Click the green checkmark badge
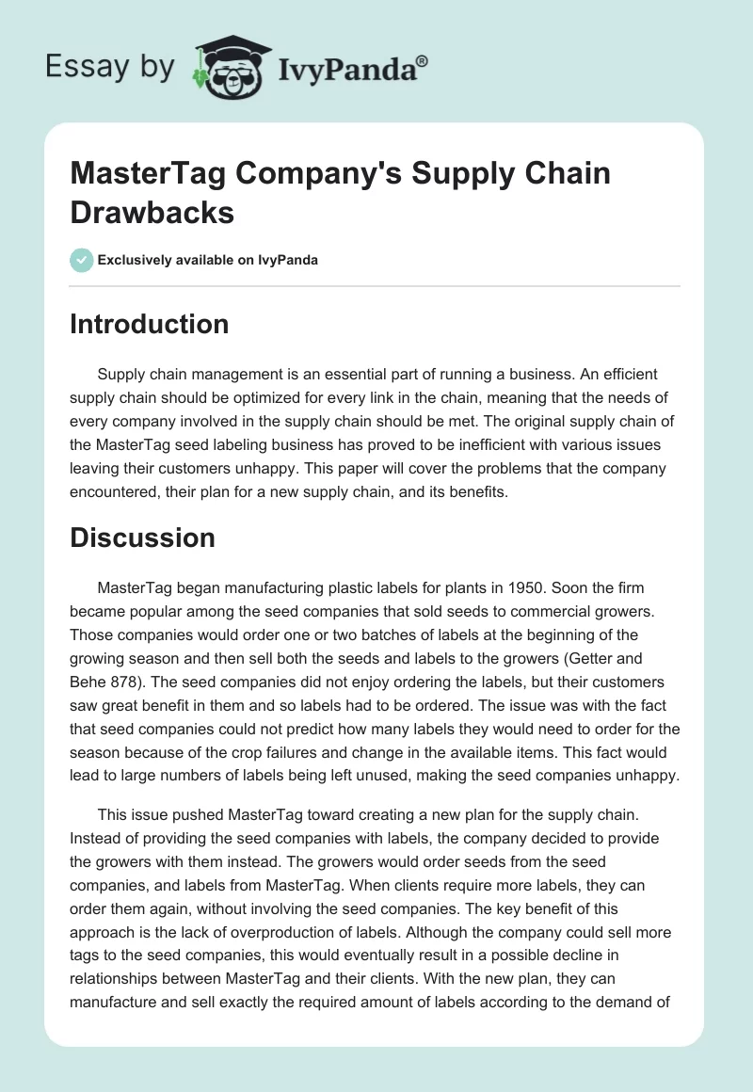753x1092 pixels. coord(82,260)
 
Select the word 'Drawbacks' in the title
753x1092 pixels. coord(152,211)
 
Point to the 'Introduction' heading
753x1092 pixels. coord(150,324)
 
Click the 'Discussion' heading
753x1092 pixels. coord(142,538)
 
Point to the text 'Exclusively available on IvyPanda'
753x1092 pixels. coord(209,260)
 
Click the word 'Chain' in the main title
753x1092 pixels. coord(551,174)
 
